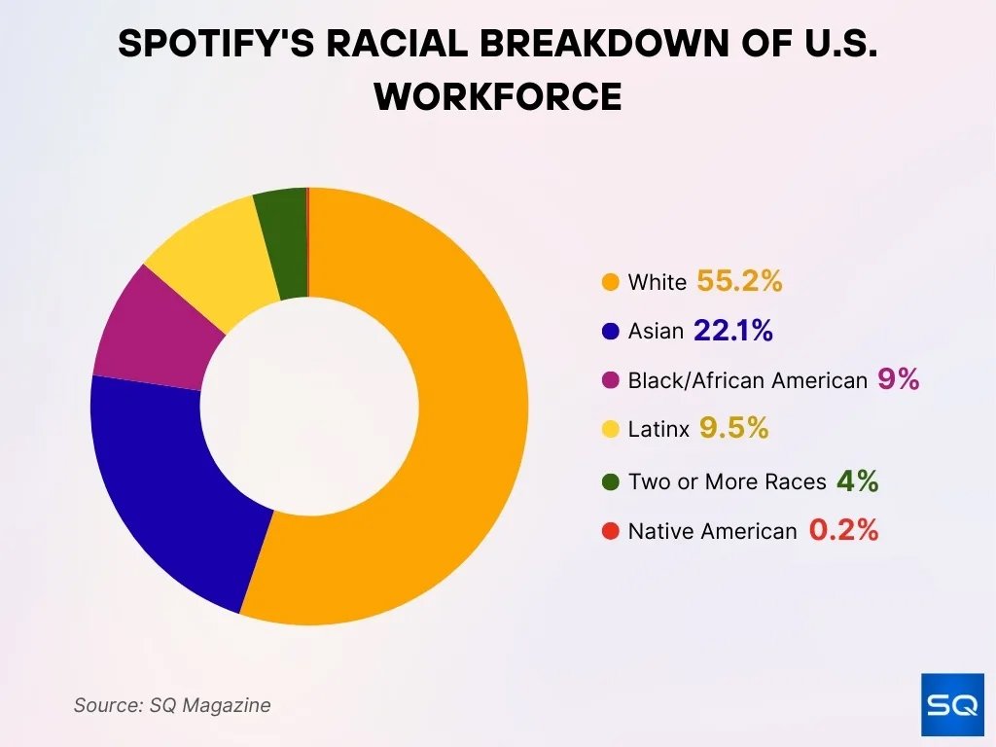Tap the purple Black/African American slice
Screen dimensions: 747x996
pos(151,326)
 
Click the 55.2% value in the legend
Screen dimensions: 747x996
pos(739,282)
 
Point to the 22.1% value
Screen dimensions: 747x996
pos(732,332)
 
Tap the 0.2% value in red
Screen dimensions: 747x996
pos(843,531)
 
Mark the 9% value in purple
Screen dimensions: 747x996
pos(898,380)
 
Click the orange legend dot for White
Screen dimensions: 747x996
pos(611,283)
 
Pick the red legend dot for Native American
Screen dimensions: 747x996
pos(611,531)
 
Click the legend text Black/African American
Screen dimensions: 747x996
pos(747,381)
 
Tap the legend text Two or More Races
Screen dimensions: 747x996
pos(727,481)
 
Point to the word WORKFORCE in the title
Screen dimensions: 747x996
pos(498,96)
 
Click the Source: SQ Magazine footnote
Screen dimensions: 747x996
pos(172,705)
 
